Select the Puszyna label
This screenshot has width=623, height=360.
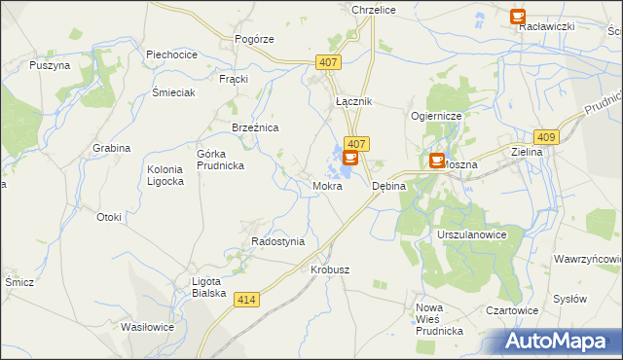click(50, 65)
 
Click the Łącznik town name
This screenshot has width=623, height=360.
click(353, 101)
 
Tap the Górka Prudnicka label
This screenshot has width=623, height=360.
click(220, 160)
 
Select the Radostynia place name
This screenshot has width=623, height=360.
click(278, 241)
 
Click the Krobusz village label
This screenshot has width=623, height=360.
click(330, 269)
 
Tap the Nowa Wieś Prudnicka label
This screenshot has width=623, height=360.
click(439, 319)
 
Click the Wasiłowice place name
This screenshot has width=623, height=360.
click(147, 327)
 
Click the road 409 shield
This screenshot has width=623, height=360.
click(546, 137)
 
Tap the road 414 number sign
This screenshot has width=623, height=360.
click(247, 301)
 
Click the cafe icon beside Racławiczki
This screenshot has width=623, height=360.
click(518, 17)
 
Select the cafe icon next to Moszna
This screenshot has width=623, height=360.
click(437, 160)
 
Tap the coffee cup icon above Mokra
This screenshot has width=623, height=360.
click(350, 157)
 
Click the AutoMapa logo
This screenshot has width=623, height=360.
click(562, 341)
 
